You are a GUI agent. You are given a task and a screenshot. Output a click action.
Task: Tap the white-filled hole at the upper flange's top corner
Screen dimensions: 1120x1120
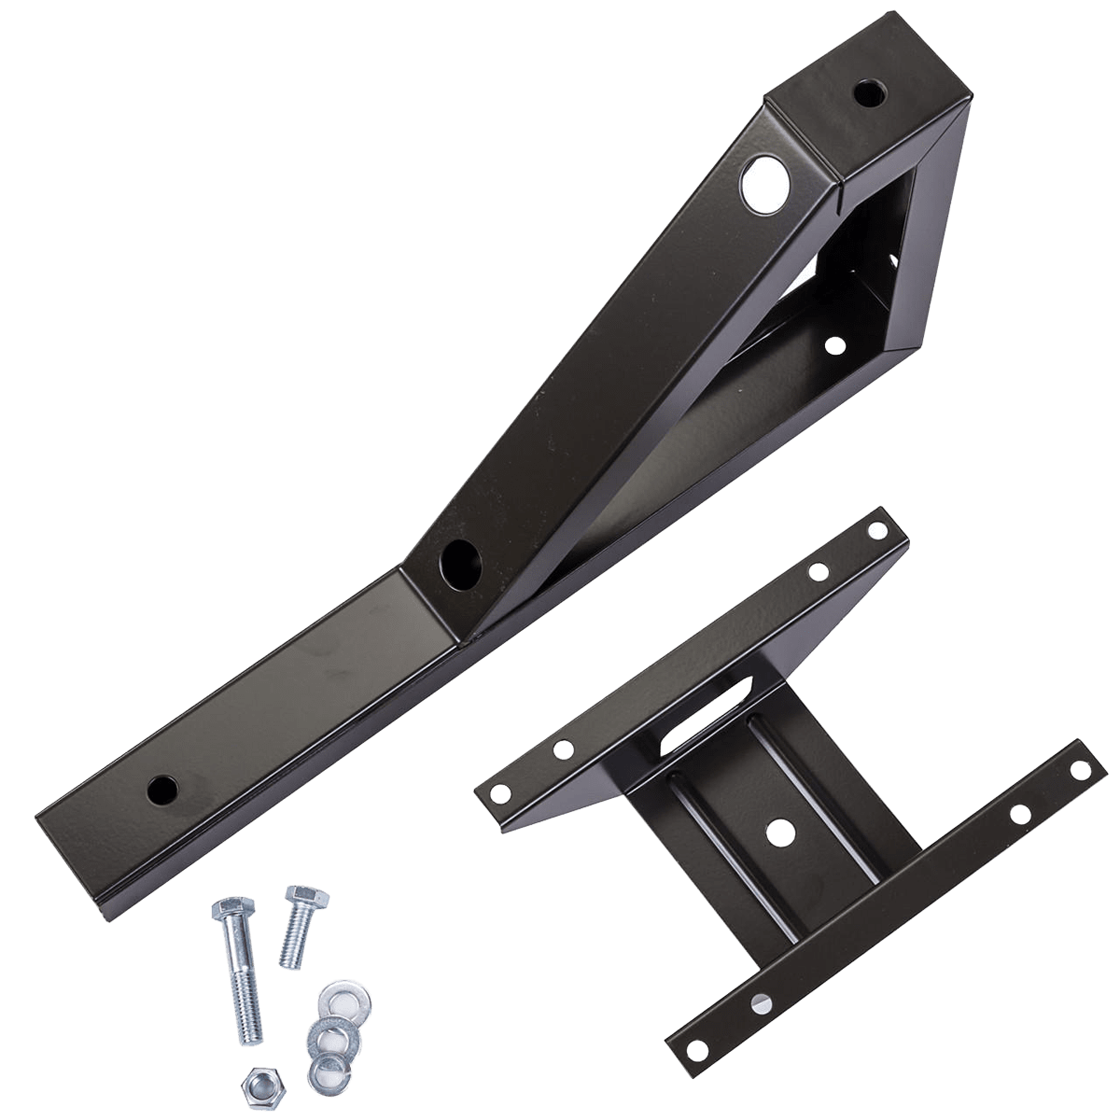pyautogui.click(x=878, y=530)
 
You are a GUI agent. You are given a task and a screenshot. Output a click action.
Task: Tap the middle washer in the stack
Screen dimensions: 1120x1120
pyautogui.click(x=323, y=1035)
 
